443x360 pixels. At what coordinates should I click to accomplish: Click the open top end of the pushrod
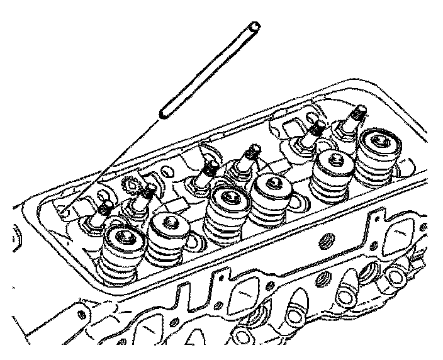point(253,28)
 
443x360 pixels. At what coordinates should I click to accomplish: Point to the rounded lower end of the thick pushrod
point(163,113)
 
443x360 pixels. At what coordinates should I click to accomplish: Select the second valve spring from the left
point(169,225)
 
